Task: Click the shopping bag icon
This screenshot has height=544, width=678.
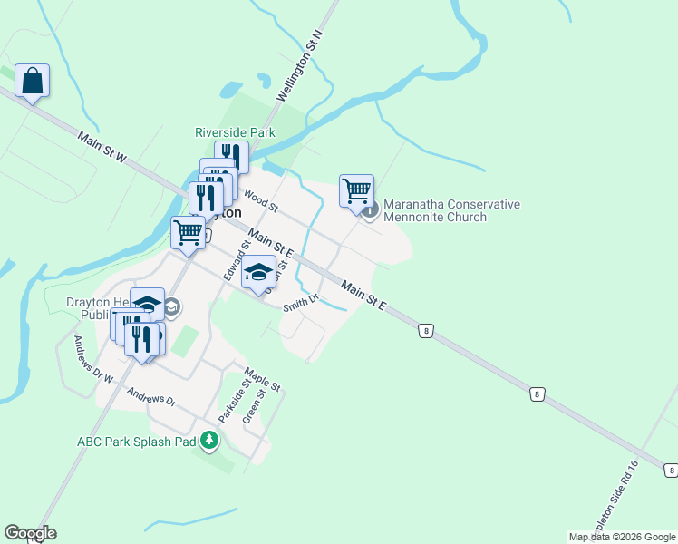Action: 32,81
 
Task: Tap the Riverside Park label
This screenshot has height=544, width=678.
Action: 235,132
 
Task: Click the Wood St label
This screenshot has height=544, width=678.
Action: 259,201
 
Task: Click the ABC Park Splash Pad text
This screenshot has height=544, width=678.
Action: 136,442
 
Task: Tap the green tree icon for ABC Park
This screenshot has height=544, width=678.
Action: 210,441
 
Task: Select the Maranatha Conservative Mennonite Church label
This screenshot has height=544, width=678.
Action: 451,210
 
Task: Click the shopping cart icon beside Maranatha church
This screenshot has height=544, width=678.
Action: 357,190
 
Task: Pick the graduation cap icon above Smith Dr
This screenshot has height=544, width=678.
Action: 259,272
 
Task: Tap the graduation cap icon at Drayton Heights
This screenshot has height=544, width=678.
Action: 147,304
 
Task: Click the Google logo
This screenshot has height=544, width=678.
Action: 30,533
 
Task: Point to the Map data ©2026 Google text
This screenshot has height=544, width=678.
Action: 622,537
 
